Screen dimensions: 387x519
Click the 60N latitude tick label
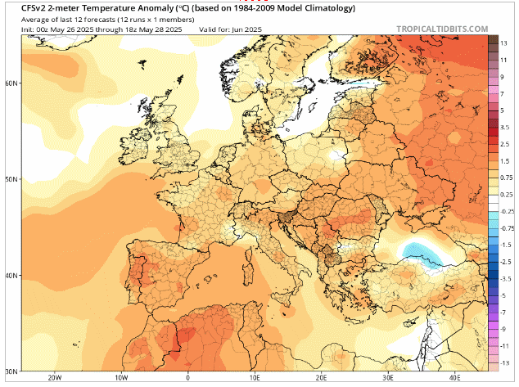coord(11,83)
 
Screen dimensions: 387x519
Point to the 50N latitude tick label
coord(11,178)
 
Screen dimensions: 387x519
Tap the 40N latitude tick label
coord(11,275)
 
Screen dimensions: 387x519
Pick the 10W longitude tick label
coord(121,378)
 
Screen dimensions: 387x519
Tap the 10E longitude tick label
coord(255,378)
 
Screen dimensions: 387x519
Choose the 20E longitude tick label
coord(322,378)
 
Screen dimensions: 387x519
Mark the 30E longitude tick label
coord(389,378)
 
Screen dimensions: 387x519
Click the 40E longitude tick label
coord(455,378)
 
